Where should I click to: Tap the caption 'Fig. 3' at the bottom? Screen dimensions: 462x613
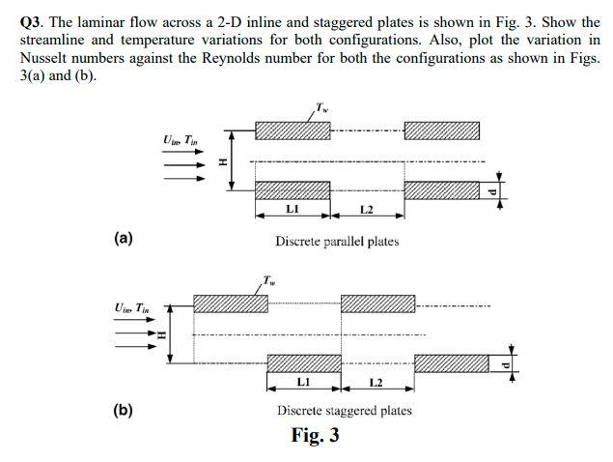coord(315,435)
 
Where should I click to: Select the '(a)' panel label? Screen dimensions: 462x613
coord(123,238)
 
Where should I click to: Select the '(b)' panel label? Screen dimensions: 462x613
coord(123,409)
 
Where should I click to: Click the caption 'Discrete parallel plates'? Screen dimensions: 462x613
coord(336,242)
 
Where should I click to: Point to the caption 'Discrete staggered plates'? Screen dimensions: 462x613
coord(344,410)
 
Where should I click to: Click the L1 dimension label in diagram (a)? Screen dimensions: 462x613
coord(293,209)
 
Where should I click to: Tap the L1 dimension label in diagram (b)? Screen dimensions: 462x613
coord(303,383)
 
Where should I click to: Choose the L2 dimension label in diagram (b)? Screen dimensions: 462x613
coord(376,383)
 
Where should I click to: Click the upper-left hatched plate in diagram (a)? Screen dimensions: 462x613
coord(293,130)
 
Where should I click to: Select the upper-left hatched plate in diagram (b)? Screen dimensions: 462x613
coord(231,303)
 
